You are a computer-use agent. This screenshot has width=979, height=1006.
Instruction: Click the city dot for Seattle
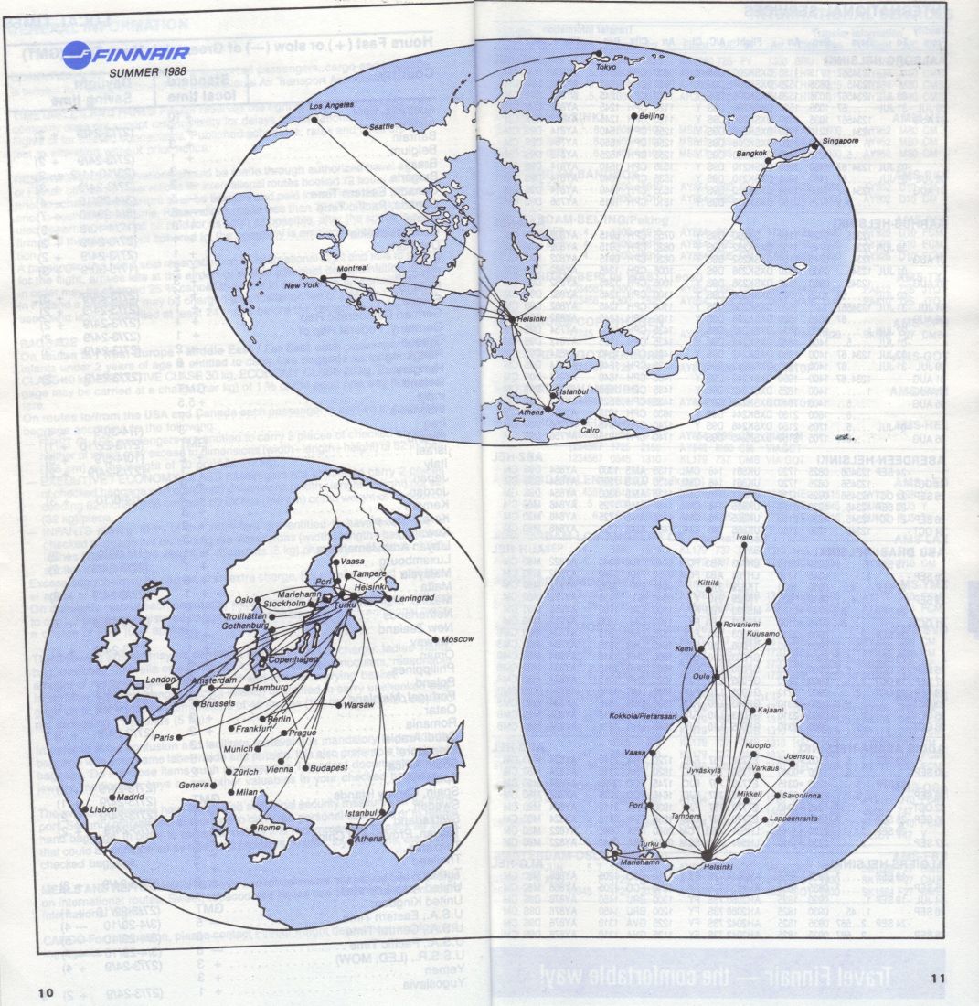[366, 134]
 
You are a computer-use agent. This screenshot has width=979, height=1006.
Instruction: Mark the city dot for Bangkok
[768, 162]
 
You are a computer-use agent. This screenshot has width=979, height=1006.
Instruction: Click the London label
[160, 680]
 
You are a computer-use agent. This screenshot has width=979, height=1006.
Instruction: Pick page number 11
[938, 979]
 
